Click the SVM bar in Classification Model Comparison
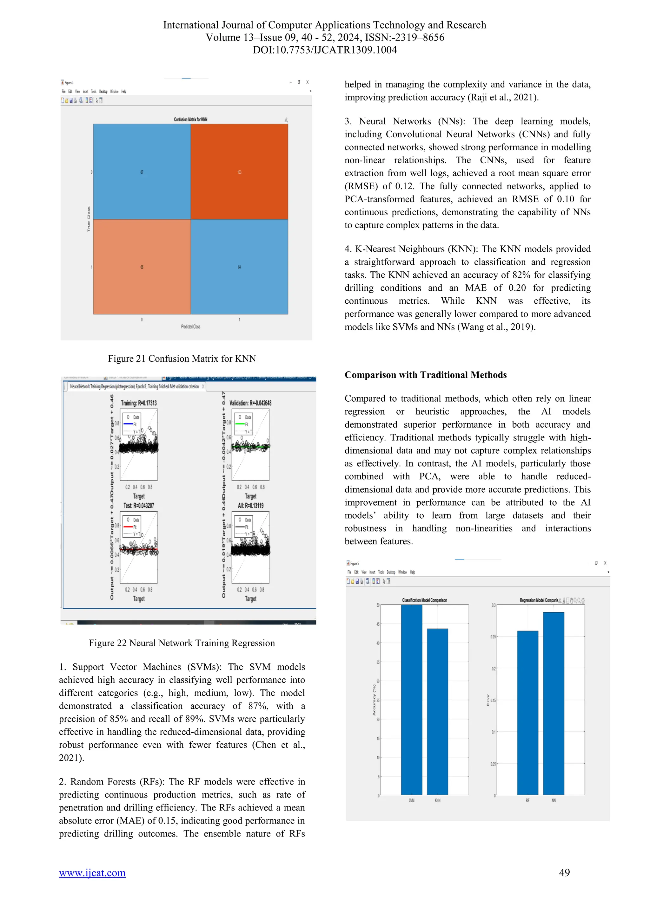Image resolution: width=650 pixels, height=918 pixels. click(411, 700)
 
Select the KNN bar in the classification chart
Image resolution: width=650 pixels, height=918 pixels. click(437, 712)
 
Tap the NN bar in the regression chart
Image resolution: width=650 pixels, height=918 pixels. click(553, 704)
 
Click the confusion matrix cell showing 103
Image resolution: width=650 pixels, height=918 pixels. click(239, 172)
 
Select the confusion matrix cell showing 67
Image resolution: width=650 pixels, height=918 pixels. click(142, 172)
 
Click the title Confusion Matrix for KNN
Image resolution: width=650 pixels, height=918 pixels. click(190, 120)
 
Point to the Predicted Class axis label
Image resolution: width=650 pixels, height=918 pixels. click(190, 327)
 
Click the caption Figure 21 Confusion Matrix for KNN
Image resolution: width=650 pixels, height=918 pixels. click(182, 359)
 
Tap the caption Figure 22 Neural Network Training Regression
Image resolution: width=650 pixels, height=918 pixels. click(182, 643)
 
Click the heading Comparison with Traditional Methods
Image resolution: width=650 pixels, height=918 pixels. click(426, 375)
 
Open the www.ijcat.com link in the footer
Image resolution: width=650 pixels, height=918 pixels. click(92, 872)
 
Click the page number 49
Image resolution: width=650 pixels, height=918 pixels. click(564, 872)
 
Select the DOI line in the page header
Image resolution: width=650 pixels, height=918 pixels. click(325, 50)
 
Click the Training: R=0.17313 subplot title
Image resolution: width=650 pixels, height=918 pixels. click(139, 403)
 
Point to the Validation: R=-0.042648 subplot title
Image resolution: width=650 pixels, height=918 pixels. click(250, 403)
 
